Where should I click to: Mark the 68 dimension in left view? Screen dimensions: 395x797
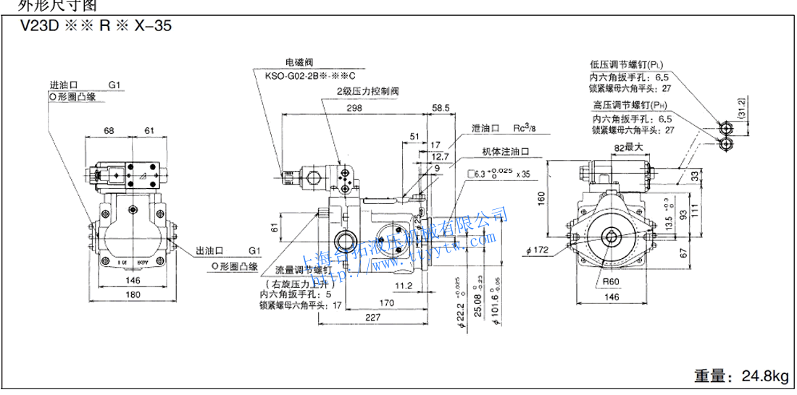point(109,130)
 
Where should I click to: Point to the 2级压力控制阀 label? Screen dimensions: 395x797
point(367,92)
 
